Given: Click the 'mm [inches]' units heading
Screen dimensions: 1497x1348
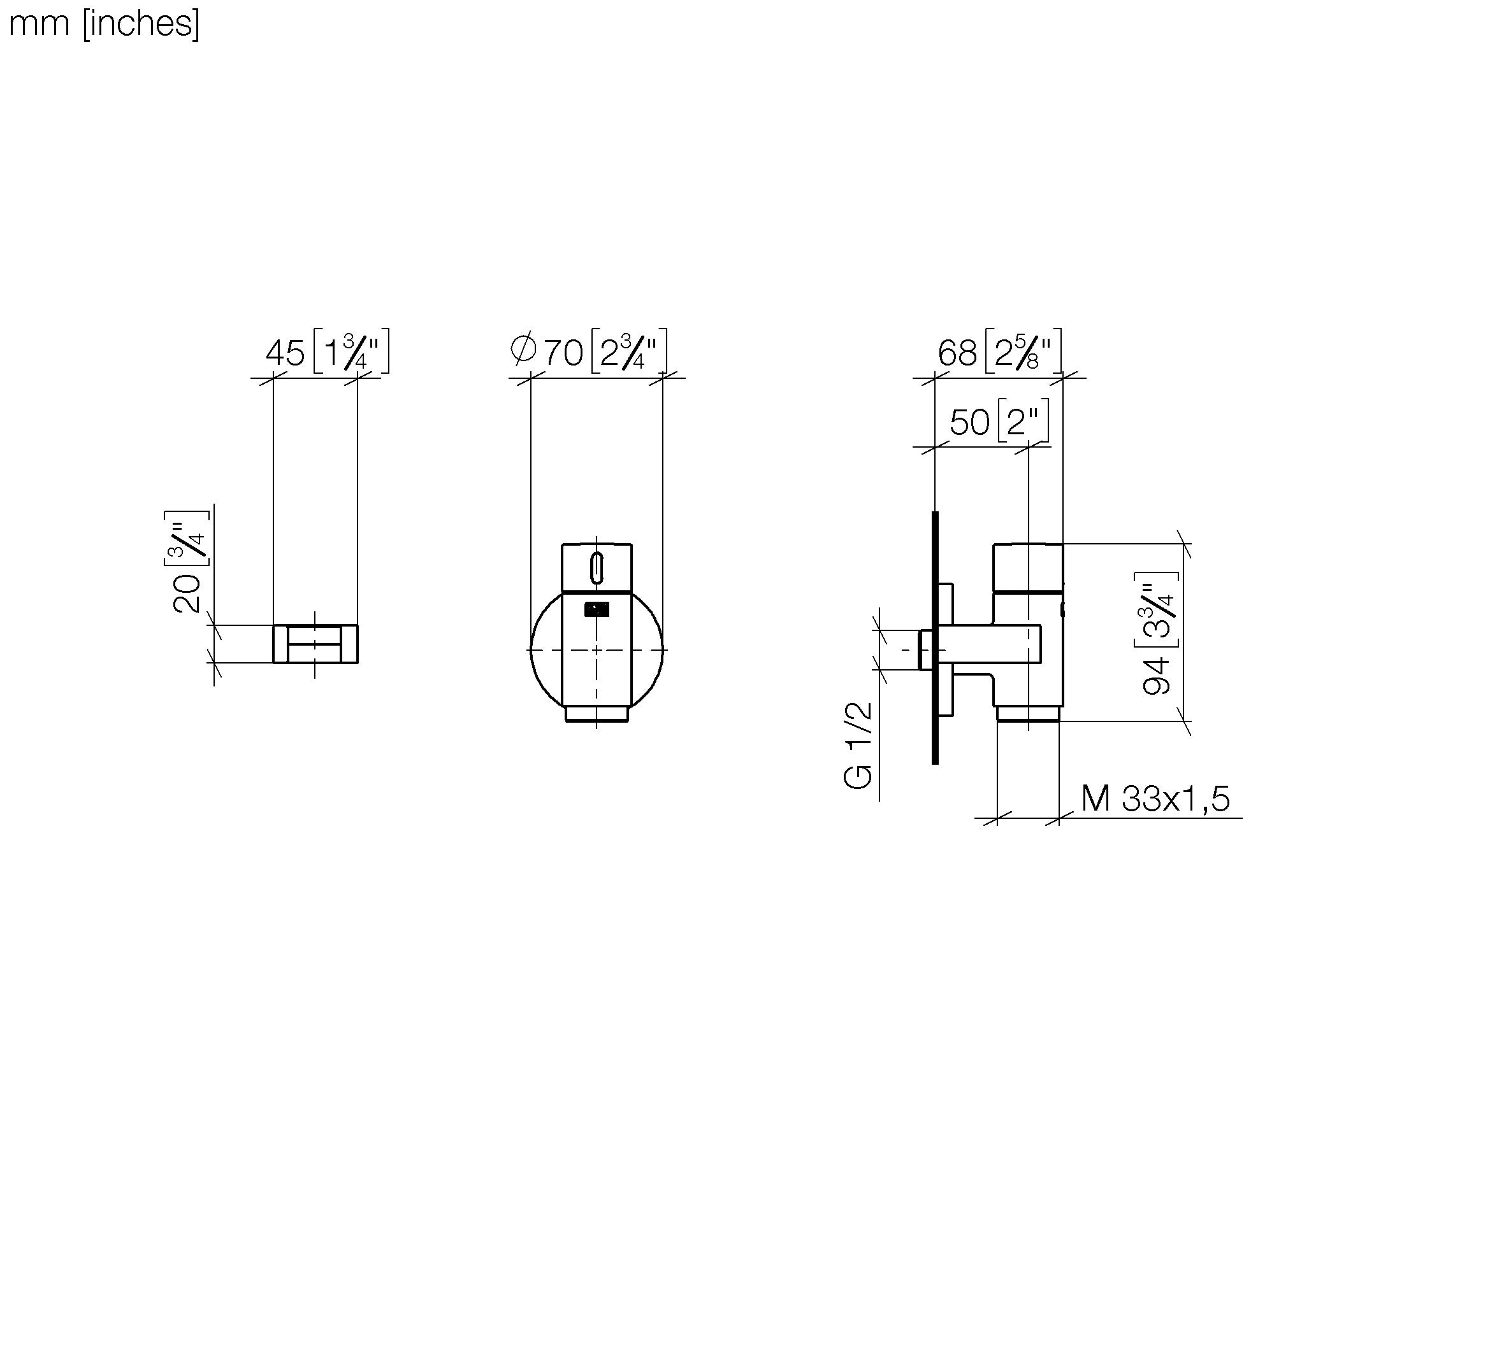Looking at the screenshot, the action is [x=104, y=24].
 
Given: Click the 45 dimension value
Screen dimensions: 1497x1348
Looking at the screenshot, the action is [x=285, y=353].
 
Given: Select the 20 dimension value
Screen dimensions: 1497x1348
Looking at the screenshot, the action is [x=187, y=593].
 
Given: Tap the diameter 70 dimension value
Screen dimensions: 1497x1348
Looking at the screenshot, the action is [x=563, y=353].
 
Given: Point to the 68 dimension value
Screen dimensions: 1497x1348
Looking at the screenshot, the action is [x=957, y=353].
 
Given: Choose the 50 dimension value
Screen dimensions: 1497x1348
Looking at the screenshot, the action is [x=969, y=422].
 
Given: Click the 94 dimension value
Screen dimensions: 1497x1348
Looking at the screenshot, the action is [x=1157, y=676].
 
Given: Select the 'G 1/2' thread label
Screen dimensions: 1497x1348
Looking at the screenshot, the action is [x=858, y=745].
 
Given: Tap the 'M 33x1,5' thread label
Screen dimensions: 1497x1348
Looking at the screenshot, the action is [x=1155, y=798].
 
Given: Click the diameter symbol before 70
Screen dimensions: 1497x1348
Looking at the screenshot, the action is [x=523, y=350].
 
